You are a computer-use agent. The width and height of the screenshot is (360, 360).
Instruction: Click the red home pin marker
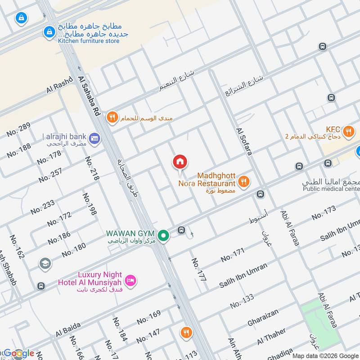pos(180,162)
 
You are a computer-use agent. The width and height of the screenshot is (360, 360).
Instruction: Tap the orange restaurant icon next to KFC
pos(348,131)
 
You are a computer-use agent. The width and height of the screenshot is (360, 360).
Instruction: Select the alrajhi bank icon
pos(94,138)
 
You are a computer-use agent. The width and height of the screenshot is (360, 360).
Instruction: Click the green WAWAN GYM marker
pos(164,234)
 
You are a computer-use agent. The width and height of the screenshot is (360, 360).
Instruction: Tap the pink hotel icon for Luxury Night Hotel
pos(130,280)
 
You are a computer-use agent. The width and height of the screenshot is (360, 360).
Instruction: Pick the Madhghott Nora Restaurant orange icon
pos(243,181)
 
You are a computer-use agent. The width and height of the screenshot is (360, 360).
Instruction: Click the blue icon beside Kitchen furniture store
pos(49,32)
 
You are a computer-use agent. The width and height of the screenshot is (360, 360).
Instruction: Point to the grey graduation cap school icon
pos(45,263)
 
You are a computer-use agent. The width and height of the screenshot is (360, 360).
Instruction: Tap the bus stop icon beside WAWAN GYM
pos(181,230)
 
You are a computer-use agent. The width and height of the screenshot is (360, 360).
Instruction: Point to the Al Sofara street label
pos(243,141)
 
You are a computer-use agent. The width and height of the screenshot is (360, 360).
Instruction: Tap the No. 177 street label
pos(198,270)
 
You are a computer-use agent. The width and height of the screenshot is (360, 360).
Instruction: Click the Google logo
pos(18,354)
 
